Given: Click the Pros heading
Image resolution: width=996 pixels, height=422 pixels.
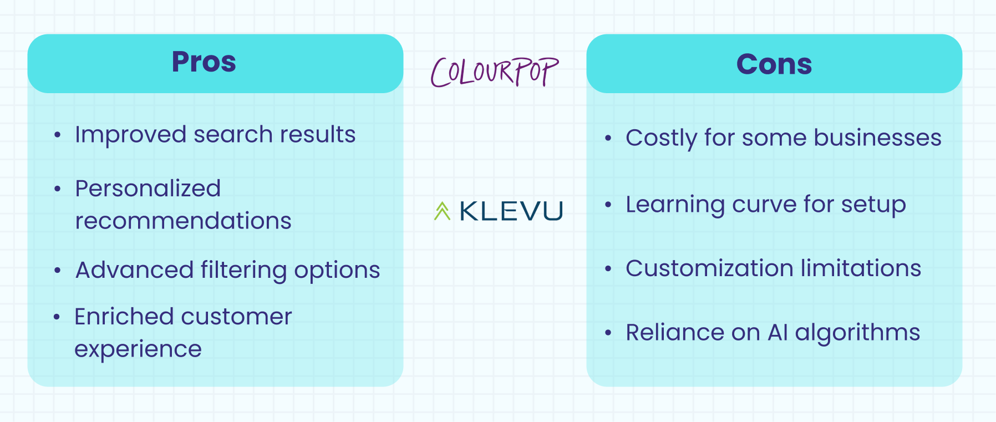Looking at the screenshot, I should pos(204,62).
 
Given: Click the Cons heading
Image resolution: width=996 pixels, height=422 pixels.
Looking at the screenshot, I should pos(774,64).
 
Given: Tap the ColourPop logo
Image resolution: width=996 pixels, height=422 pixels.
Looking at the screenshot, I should pos(495,72).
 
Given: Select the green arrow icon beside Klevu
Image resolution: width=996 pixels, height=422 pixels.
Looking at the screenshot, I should pos(442,211).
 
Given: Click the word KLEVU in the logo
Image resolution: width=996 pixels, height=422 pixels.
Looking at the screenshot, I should pos(511,211).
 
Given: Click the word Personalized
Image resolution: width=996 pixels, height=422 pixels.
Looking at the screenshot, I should pos(148,189).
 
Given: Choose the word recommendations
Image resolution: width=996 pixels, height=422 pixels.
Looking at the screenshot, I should pos(183,221).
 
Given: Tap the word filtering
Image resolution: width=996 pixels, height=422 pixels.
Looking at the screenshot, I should pos(243,271).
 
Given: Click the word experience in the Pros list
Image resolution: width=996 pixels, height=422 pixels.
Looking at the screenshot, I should pos(138,349).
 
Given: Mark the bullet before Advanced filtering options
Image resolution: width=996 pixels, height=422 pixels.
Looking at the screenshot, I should pos(58,271).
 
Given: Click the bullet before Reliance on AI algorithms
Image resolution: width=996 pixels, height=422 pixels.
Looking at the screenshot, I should pos(608,333).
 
